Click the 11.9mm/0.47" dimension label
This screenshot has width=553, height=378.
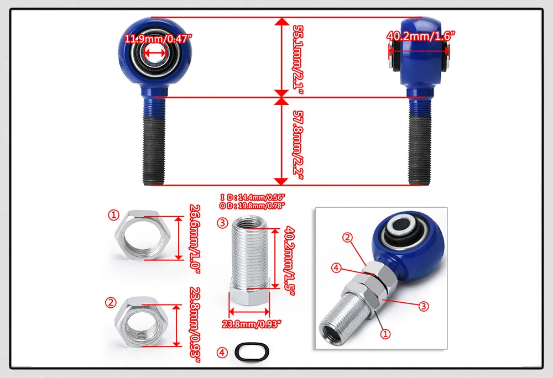(x=158, y=38)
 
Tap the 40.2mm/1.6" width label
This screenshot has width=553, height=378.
(x=421, y=35)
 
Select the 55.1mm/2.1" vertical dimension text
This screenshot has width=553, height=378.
(x=299, y=60)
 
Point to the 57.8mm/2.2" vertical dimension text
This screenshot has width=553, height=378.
(x=299, y=145)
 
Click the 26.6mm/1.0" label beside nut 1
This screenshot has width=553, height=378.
(x=195, y=239)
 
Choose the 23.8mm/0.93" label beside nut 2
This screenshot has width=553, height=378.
(x=195, y=324)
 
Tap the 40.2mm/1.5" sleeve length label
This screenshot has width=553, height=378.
(x=290, y=261)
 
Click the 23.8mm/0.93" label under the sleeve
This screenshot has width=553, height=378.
(x=252, y=324)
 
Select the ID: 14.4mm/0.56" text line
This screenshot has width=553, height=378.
(x=253, y=197)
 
